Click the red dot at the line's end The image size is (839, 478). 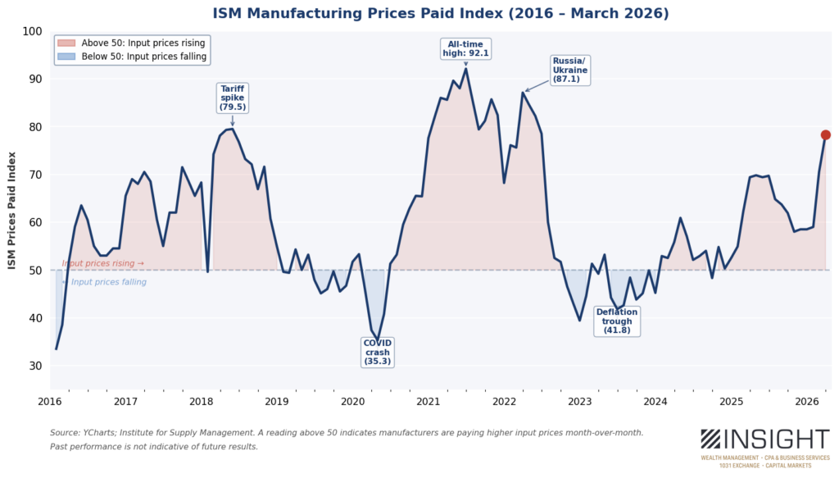coord(825,134)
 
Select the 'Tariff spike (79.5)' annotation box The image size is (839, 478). coord(232,98)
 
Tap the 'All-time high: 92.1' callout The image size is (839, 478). coord(465,48)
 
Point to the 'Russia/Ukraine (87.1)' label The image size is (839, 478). coord(569,71)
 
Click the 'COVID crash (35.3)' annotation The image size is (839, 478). coord(377,351)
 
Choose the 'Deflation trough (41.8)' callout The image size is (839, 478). coord(616,321)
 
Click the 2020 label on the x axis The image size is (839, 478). coord(352,402)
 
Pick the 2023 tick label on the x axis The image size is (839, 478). coord(579,402)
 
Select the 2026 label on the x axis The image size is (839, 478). coord(807,402)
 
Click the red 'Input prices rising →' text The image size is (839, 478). coord(102,264)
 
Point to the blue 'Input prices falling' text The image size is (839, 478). coord(108,282)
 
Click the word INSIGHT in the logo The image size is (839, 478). coord(778,439)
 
